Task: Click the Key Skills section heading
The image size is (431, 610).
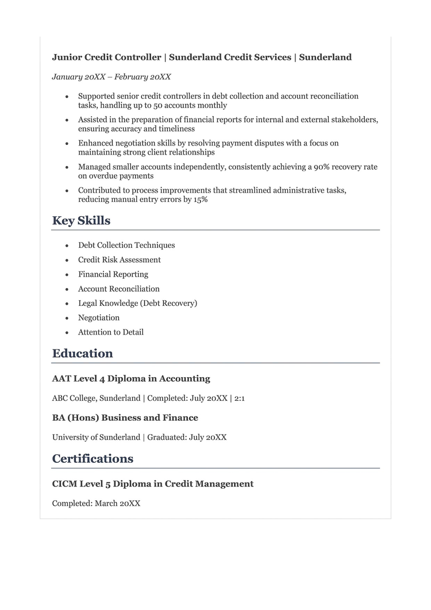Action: pos(81,221)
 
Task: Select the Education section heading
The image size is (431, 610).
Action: pos(82,354)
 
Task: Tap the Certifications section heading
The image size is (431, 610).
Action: pos(93,459)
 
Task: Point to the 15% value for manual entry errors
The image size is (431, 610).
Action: pos(197,200)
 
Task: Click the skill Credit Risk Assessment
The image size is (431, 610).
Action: pos(120,260)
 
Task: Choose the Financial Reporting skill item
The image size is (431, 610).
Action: pos(113,274)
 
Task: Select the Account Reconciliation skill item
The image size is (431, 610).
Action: pos(119,289)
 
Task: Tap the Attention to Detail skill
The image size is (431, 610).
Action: pos(111,332)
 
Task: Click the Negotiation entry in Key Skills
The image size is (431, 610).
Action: pos(99,318)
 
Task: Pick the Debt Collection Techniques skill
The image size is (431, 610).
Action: pos(126,245)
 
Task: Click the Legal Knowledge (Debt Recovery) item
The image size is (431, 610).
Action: pos(137,303)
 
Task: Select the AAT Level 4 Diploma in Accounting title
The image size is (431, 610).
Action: pos(131,379)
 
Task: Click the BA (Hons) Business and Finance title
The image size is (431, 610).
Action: pos(125,418)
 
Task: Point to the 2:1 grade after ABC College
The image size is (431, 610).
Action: pos(240,398)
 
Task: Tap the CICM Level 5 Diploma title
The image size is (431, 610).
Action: pos(152,484)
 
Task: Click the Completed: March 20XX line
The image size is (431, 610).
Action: pos(96,504)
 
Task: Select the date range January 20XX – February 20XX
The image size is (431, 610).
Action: pos(111,77)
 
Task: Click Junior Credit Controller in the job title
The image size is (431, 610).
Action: pos(106,57)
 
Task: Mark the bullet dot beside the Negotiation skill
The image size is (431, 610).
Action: pos(67,318)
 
